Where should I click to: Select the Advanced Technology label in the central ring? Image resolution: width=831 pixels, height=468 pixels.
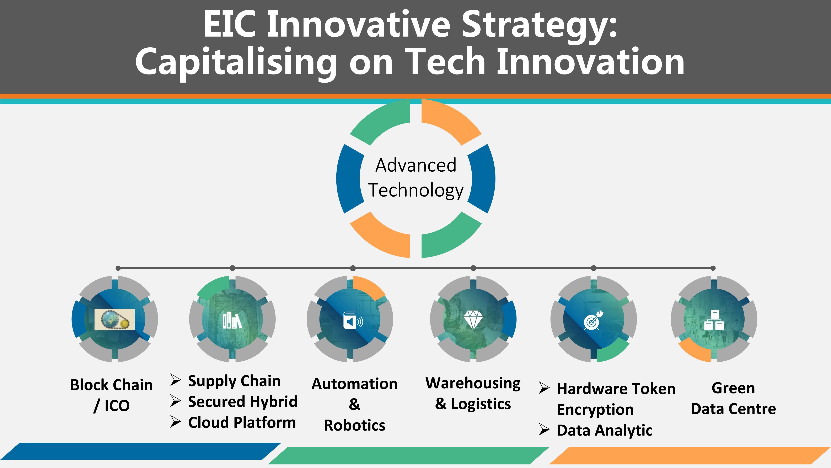click(x=416, y=178)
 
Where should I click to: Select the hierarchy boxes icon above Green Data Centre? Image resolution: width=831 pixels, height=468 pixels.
click(x=714, y=320)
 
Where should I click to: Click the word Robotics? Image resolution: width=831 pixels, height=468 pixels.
click(x=355, y=425)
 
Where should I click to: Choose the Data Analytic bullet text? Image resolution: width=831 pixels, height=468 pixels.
click(x=605, y=431)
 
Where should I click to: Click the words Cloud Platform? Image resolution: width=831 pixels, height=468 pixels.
click(x=242, y=422)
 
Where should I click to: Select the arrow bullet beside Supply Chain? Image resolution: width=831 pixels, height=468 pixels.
click(x=176, y=380)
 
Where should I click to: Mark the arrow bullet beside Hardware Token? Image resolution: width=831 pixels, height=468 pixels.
click(x=544, y=388)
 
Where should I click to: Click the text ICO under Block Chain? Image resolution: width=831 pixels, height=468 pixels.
click(x=117, y=406)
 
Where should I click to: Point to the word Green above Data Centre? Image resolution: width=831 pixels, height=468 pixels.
click(x=733, y=388)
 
